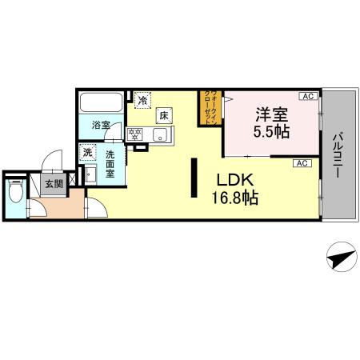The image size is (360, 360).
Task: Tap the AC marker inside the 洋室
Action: (306, 97)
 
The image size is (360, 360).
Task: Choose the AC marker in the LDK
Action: (302, 163)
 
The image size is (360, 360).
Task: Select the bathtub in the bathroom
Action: (102, 103)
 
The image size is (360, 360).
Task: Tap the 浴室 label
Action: (100, 126)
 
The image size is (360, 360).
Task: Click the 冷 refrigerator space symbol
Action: (142, 101)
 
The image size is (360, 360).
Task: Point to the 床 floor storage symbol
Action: (163, 116)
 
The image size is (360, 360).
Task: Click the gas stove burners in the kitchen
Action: (135, 133)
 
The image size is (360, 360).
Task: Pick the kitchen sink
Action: (157, 134)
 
